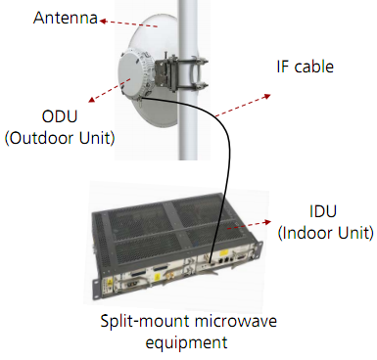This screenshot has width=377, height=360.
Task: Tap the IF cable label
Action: [305, 67]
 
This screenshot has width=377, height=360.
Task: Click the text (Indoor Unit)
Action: [325, 233]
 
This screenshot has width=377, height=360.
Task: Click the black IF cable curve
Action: [230, 147]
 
